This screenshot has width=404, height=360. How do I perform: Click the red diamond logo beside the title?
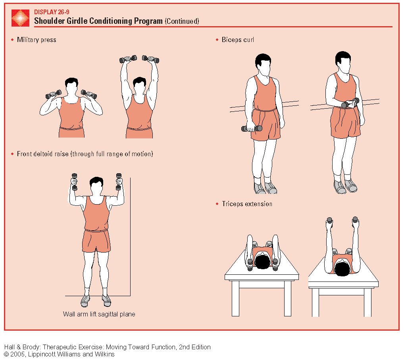pyautogui.click(x=20, y=18)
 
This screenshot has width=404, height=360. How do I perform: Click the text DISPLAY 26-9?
pyautogui.click(x=52, y=12)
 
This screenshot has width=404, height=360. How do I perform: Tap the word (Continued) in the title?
pyautogui.click(x=182, y=21)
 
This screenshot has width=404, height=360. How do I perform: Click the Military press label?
pyautogui.click(x=37, y=40)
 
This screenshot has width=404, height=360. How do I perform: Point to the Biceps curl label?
pyautogui.click(x=238, y=40)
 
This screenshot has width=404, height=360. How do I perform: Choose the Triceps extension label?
pyautogui.click(x=247, y=204)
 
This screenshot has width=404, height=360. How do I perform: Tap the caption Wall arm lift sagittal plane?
pyautogui.click(x=99, y=314)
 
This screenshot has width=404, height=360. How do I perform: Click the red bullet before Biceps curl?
pyautogui.click(x=217, y=40)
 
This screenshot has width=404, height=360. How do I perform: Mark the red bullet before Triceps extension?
pyautogui.click(x=217, y=204)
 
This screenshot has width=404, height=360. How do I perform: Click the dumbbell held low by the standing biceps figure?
pyautogui.click(x=252, y=128)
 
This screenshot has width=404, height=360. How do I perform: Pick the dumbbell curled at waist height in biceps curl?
pyautogui.click(x=350, y=103)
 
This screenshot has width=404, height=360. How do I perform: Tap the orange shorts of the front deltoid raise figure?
pyautogui.click(x=96, y=241)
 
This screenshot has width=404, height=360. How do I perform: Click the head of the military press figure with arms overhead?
pyautogui.click(x=139, y=86)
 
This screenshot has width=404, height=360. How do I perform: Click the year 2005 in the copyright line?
pyautogui.click(x=17, y=354)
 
